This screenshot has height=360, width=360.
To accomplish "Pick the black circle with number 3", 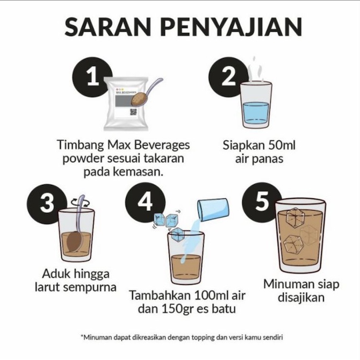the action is tap(47, 204).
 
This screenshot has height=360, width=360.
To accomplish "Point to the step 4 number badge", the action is tap(145, 202).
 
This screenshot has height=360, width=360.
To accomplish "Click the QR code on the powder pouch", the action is tap(133, 112).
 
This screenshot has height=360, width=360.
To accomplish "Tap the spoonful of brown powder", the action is tap(139, 100).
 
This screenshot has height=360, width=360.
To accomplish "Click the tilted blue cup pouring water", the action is tap(213, 210).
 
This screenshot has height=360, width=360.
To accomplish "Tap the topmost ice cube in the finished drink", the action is tap(296, 218).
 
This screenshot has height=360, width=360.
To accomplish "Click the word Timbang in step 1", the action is tap(81, 146).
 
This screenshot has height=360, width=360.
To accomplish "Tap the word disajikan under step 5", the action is tap(301, 297).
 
